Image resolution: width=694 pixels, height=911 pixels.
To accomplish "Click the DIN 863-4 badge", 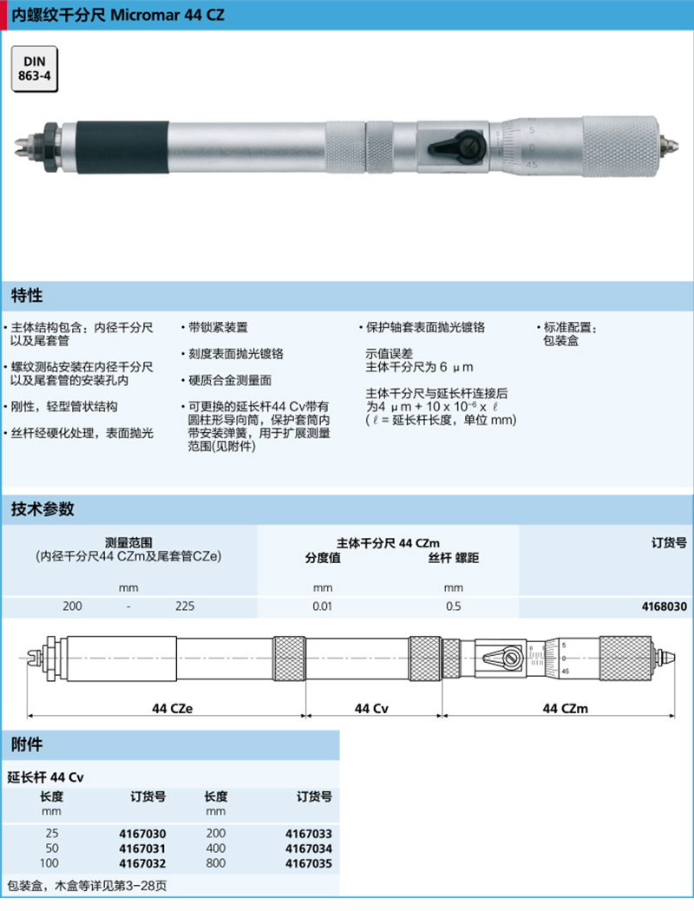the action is tap(34, 69).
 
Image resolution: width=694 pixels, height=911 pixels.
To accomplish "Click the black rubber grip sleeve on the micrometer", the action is tap(122, 147).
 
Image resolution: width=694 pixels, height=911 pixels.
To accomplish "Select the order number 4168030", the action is tap(664, 606).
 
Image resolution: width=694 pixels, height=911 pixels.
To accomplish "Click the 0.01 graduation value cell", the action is tap(323, 606).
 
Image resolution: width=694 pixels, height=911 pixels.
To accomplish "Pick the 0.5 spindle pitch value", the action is tap(454, 606).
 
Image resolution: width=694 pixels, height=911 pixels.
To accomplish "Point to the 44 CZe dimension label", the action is tap(172, 708).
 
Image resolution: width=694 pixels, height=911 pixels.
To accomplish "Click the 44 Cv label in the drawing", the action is tap(371, 708).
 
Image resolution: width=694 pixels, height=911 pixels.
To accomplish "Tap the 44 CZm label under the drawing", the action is tap(565, 708).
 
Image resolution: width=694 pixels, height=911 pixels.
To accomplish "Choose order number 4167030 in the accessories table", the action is tap(142, 834).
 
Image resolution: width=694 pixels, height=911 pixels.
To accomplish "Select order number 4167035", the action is tap(308, 863).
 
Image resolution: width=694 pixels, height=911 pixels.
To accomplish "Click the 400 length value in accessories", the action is tap(215, 849).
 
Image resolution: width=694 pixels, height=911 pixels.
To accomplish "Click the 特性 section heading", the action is tap(27, 296).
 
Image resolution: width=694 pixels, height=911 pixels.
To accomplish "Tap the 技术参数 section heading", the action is tap(43, 509).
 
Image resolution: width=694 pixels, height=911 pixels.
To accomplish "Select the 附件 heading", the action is tap(27, 744).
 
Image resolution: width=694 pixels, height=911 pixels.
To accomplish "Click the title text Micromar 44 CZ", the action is tap(167, 15).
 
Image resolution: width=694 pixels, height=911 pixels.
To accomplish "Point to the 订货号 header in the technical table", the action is tap(669, 542).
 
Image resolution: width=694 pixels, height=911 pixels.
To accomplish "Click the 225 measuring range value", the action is tap(185, 606).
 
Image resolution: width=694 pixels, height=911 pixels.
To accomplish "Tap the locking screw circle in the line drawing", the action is tap(512, 659).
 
